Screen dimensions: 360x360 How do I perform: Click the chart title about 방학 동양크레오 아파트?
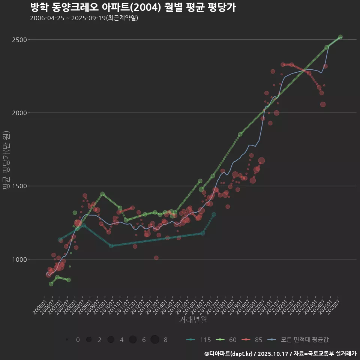(133, 7)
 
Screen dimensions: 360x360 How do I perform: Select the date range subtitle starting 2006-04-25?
(84, 18)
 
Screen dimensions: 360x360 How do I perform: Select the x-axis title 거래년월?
(193, 319)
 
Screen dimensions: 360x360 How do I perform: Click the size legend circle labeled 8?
(155, 340)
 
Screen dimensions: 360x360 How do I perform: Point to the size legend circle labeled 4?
(111, 340)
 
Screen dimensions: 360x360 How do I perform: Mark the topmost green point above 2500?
(340, 37)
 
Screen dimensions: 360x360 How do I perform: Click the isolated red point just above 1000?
(156, 258)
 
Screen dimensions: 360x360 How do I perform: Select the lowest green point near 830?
(51, 284)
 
